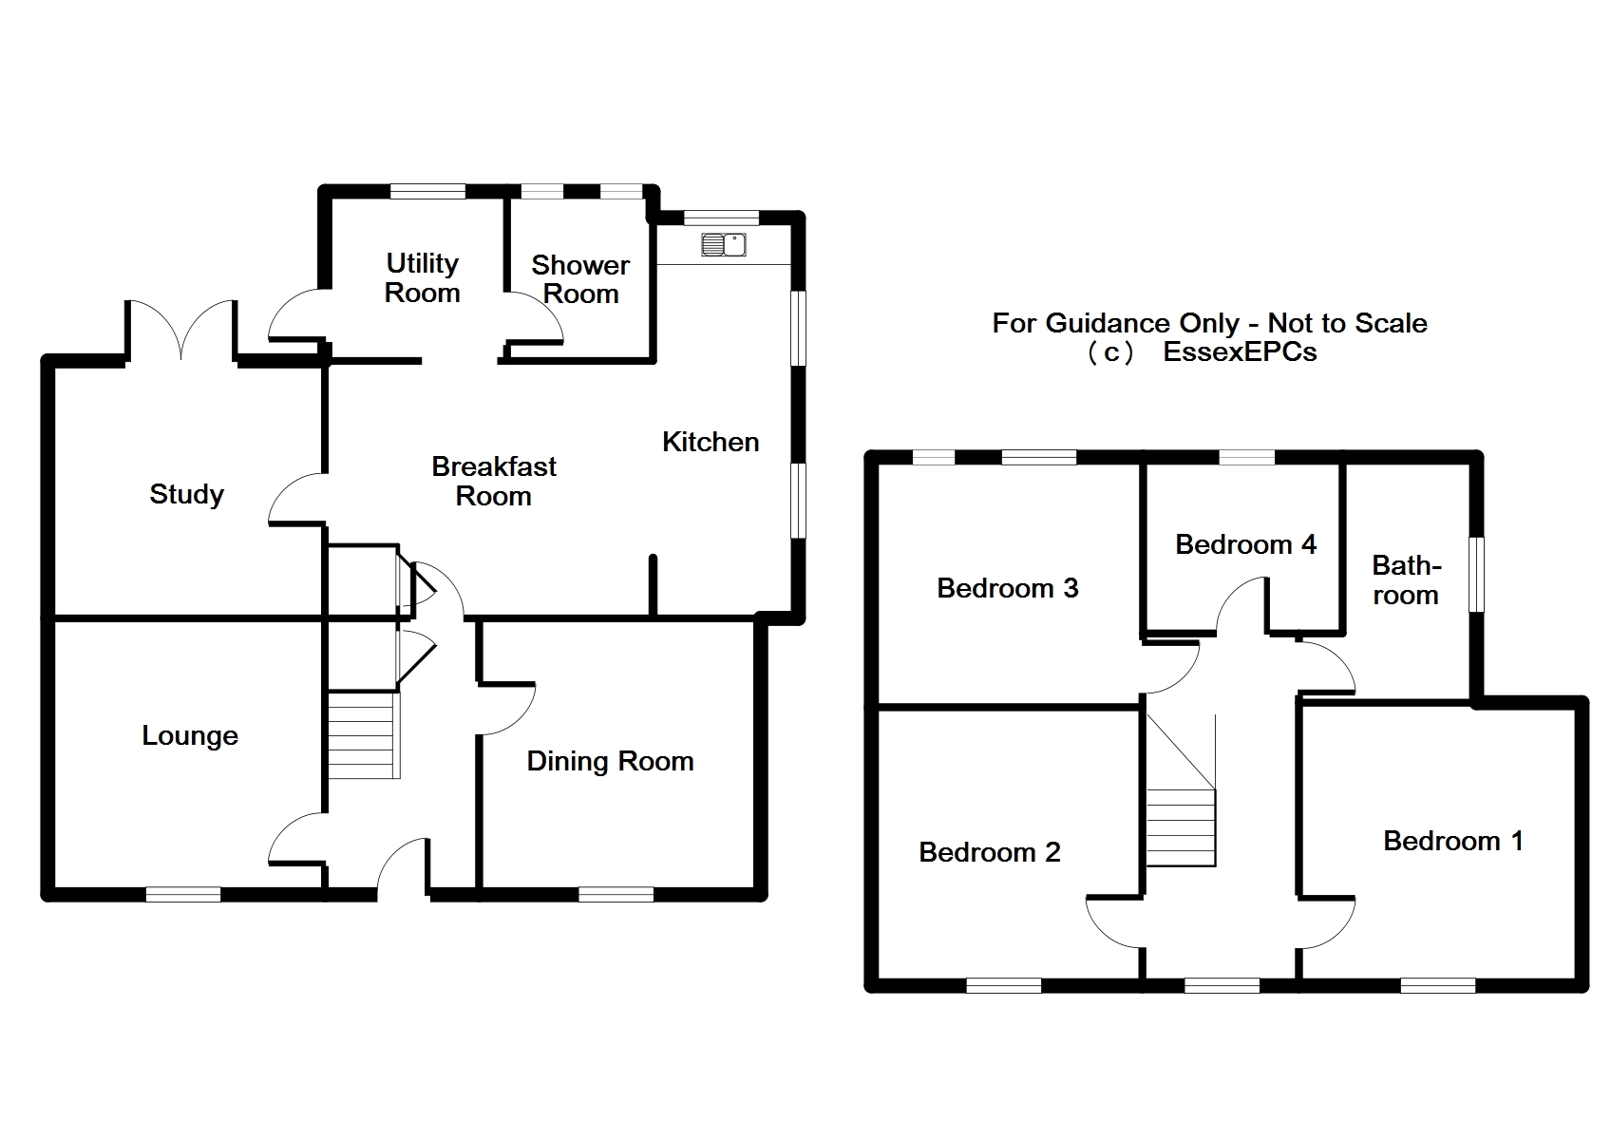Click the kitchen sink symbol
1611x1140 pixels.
point(724,244)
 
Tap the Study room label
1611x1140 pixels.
point(186,494)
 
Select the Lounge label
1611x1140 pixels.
point(190,735)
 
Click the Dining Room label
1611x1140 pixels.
point(610,761)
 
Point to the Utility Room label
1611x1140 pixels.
point(422,277)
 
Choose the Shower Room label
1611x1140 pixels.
point(579,279)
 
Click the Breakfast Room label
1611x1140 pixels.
point(494,481)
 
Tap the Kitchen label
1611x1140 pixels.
point(711,442)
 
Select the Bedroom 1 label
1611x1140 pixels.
point(1452,841)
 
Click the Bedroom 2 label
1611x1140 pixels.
point(989,852)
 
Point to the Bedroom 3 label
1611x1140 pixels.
point(1007,588)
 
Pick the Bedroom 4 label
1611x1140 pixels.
point(1245,544)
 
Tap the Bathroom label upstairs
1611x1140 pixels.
point(1406,580)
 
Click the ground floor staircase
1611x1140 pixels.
point(362,735)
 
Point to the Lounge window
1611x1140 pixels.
point(183,894)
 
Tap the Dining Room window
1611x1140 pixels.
point(616,894)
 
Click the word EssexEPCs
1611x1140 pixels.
point(1240,352)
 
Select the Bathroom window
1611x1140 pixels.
point(1477,575)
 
